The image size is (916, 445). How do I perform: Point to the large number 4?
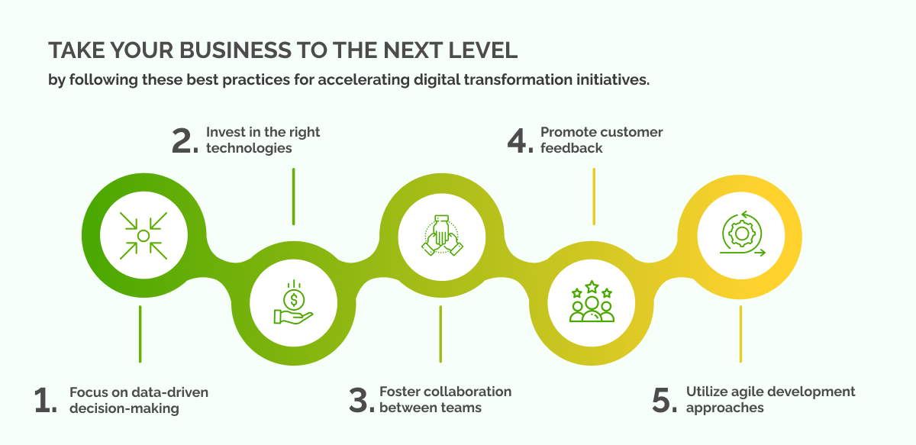pyautogui.click(x=521, y=140)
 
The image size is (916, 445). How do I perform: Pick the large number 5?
pyautogui.click(x=664, y=400)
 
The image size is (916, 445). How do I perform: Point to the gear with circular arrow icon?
pyautogui.click(x=741, y=235)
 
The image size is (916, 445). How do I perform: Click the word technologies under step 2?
pyautogui.click(x=249, y=148)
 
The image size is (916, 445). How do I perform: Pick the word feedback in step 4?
pyautogui.click(x=572, y=148)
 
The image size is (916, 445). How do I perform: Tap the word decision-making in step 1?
pyautogui.click(x=124, y=408)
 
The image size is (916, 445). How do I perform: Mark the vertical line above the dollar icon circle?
pyautogui.click(x=293, y=196)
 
